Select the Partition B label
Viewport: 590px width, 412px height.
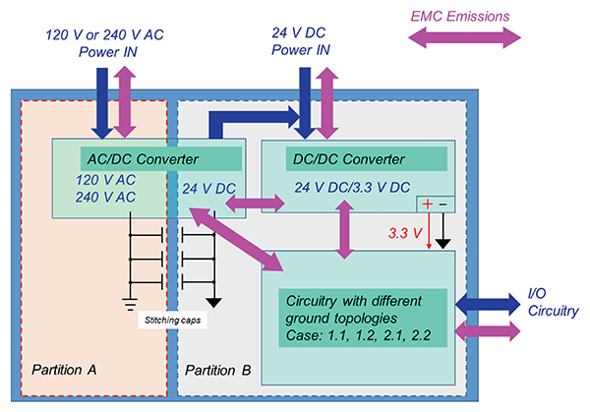(x=218, y=371)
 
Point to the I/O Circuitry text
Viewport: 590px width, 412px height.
(x=548, y=302)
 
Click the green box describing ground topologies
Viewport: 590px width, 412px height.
(x=363, y=316)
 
